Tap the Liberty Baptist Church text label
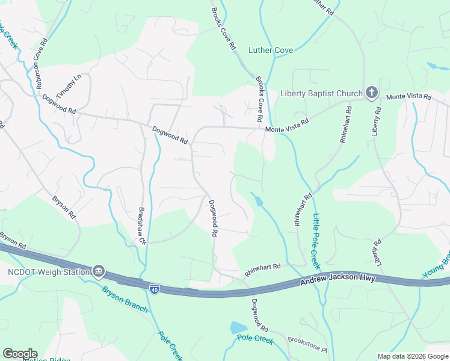[321, 93]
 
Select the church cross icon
[372, 93]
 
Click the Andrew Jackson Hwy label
[337, 279]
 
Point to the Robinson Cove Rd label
[42, 64]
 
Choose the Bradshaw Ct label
[142, 225]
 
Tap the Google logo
[20, 354]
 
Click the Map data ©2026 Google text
[412, 356]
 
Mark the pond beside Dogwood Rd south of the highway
[238, 328]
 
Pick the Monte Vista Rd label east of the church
[408, 97]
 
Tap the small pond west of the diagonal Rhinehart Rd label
[257, 200]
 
